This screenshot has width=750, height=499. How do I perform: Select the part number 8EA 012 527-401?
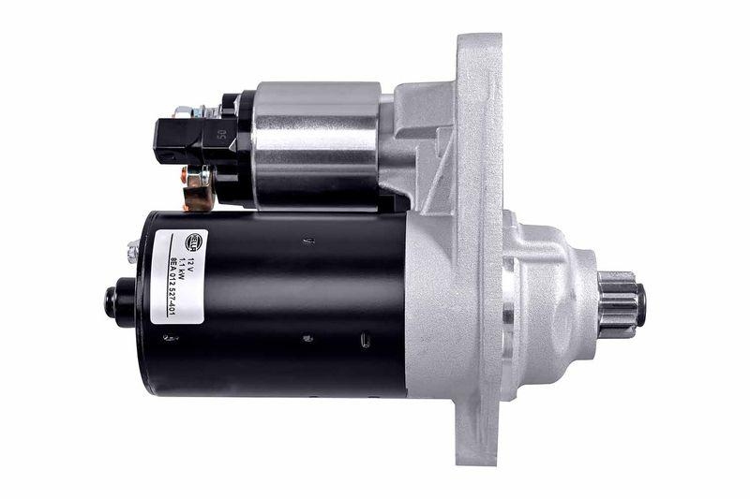(172, 282)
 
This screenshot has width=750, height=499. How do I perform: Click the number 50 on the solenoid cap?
(221, 134)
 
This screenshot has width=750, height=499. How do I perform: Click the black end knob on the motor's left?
(120, 302)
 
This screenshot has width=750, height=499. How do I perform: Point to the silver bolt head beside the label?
(133, 250)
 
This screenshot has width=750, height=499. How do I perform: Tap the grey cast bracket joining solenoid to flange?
(422, 140)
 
